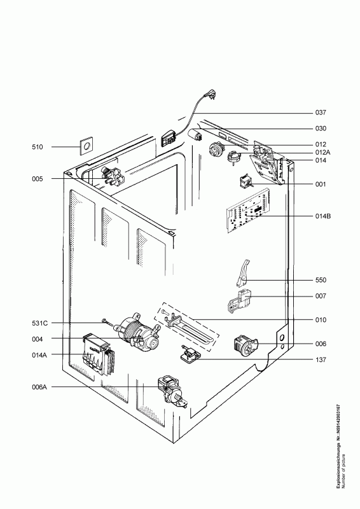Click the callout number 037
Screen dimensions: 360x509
[321, 113]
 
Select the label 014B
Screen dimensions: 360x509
[322, 216]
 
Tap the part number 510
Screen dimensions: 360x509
[38, 147]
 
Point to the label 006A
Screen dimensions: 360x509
[39, 387]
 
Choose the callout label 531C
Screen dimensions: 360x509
[39, 323]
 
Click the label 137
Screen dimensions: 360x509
[321, 359]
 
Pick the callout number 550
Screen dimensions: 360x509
[321, 280]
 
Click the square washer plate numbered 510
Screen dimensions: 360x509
[86, 147]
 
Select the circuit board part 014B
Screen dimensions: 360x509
[248, 212]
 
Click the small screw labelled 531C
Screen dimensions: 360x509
[107, 322]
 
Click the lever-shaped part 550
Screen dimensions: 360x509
[242, 273]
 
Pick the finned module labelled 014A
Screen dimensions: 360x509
[99, 355]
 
